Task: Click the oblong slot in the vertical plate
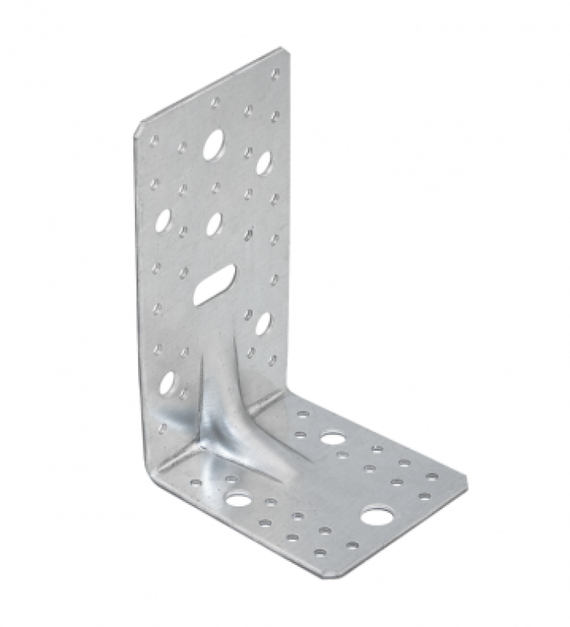214,284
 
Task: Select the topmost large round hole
212,145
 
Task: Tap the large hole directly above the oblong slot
214,223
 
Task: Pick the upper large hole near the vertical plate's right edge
263,162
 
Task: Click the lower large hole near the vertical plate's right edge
263,322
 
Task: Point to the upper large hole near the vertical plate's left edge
164,221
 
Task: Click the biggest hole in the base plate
377,516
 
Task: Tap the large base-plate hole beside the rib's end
332,437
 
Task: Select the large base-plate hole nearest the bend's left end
237,498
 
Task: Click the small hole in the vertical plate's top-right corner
275,74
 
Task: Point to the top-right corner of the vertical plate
283,52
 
